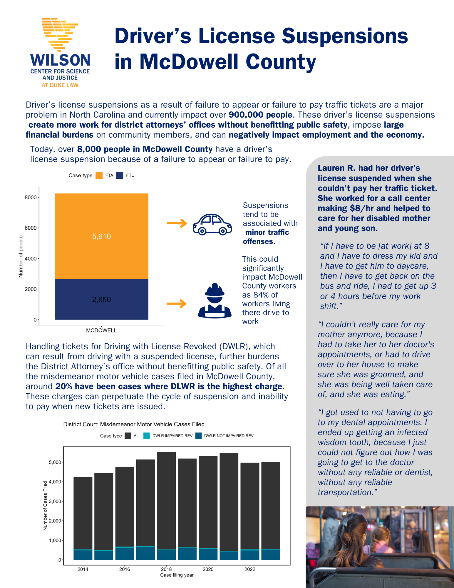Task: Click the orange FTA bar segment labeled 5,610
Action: click(x=101, y=236)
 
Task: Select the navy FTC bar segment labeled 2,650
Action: click(x=101, y=299)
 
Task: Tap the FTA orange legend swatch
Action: click(x=99, y=175)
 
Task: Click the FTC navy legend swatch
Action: click(x=120, y=175)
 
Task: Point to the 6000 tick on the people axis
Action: click(x=31, y=228)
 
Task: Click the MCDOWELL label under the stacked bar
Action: click(x=101, y=330)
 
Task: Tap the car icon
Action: click(x=212, y=224)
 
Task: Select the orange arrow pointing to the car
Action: click(x=177, y=223)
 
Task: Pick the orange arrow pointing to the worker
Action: click(x=176, y=303)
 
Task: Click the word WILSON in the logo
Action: click(x=60, y=60)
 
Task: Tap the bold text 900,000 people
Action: click(x=260, y=115)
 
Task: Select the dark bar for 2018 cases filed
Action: click(x=166, y=500)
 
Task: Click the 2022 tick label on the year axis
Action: click(x=250, y=569)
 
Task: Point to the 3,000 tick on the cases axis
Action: click(x=55, y=501)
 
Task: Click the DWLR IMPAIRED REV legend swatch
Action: click(x=147, y=436)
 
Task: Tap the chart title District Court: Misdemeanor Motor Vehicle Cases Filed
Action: click(x=134, y=424)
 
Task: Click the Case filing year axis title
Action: click(x=177, y=575)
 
